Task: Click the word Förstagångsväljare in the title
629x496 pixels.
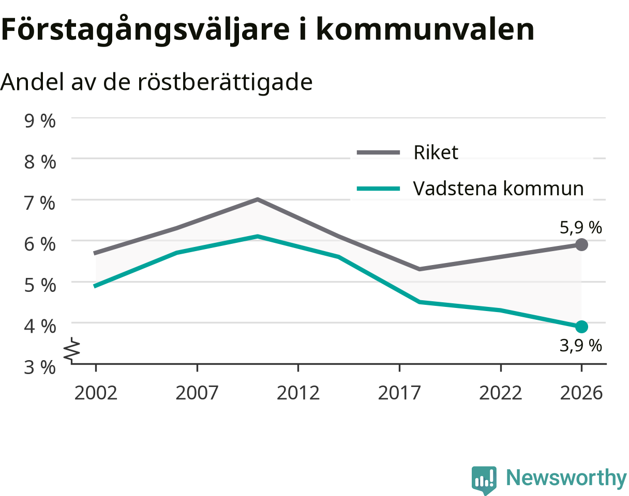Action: (145, 30)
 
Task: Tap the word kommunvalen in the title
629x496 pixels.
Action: (425, 29)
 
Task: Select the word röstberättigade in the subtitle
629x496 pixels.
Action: (225, 83)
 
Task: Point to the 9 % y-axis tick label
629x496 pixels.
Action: (40, 121)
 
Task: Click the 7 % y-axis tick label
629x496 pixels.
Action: (40, 203)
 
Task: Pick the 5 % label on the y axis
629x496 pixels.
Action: (40, 285)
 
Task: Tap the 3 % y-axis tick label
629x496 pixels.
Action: (40, 367)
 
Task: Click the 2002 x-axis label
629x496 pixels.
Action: (96, 393)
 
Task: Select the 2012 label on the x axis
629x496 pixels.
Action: (298, 393)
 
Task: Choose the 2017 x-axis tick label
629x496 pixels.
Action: (399, 393)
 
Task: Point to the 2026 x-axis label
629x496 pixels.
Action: (581, 393)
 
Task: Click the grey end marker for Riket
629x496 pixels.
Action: (581, 245)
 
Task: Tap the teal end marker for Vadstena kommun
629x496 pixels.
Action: (581, 327)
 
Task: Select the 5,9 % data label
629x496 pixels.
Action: (581, 228)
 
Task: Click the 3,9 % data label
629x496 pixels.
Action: (581, 346)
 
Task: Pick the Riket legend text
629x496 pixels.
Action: (436, 152)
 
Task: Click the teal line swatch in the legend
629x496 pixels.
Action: (379, 189)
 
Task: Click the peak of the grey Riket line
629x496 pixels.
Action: (258, 199)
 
